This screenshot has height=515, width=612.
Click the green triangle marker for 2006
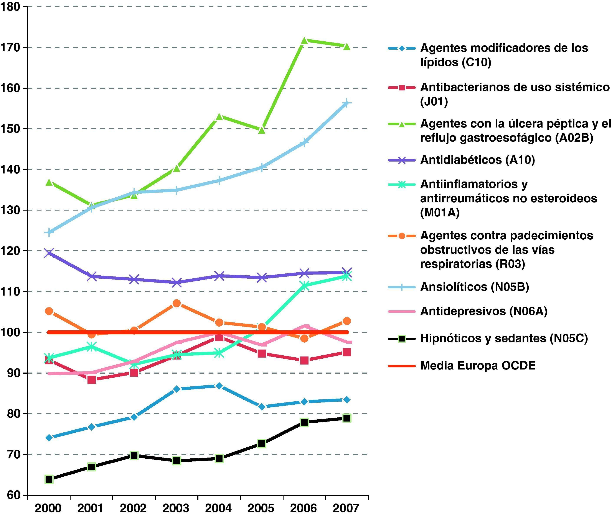tap(304, 41)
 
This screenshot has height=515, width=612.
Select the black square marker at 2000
tap(49, 479)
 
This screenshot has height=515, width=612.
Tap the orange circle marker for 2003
tap(177, 303)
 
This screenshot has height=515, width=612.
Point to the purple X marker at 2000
tap(49, 253)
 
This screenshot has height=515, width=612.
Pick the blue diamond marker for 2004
tap(219, 386)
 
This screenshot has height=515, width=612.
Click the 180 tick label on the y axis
tap(10, 7)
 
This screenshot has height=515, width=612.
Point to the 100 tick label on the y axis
tap(10, 332)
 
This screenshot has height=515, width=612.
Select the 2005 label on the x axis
tap(261, 508)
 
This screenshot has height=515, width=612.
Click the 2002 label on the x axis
tap(133, 508)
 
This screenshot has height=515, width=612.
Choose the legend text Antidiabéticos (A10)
tap(477, 160)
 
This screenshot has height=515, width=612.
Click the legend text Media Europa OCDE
tap(478, 366)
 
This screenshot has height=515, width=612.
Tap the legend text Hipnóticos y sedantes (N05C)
tap(504, 338)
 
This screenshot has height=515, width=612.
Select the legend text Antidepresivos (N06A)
tap(484, 311)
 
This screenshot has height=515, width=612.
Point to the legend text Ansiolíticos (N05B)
tap(475, 287)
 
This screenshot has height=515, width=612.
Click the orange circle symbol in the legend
tap(402, 236)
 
